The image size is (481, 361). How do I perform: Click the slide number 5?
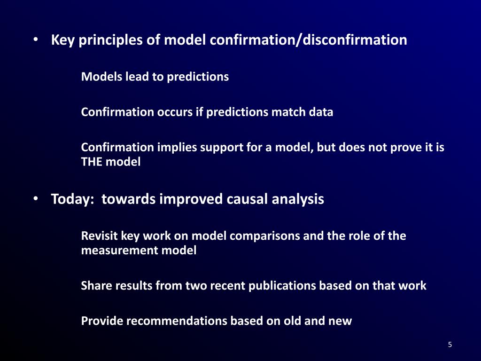click(450, 345)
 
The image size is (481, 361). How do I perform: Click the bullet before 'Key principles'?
click(36, 40)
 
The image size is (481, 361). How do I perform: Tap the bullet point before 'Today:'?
click(36, 199)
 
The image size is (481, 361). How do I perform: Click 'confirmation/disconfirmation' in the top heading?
click(308, 40)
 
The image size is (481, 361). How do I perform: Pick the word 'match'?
click(287, 112)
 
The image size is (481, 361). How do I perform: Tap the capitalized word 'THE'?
click(93, 162)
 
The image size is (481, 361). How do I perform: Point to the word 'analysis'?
click(298, 199)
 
